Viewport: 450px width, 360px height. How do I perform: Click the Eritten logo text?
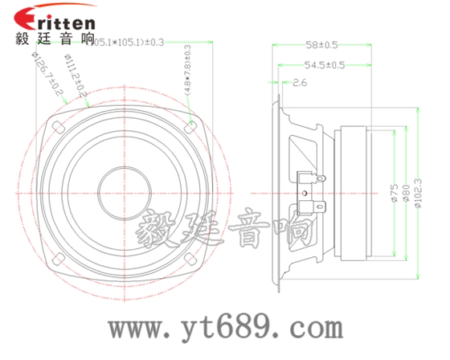[55, 18]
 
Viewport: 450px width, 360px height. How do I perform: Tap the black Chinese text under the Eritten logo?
[55, 39]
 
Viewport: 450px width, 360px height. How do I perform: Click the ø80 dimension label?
[406, 194]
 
